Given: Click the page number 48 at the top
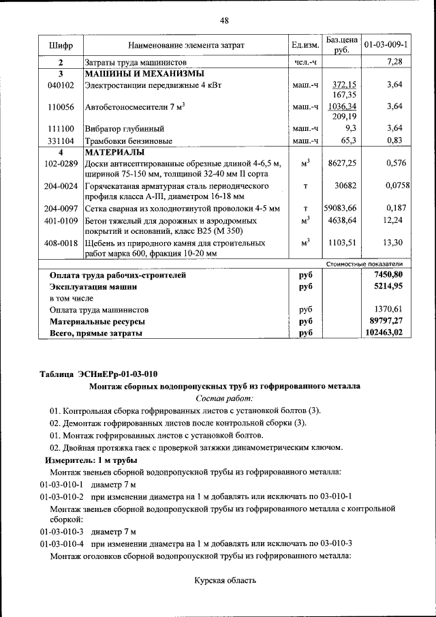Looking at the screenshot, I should pyautogui.click(x=224, y=20).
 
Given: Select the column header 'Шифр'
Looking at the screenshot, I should pyautogui.click(x=61, y=45).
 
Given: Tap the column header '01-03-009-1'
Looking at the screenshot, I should pyautogui.click(x=386, y=45).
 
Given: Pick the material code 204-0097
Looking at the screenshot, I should pyautogui.click(x=61, y=208).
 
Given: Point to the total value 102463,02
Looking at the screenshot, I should pyautogui.click(x=384, y=333).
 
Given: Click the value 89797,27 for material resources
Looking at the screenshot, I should pyautogui.click(x=386, y=320).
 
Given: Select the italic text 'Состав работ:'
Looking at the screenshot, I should pyautogui.click(x=224, y=398).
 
